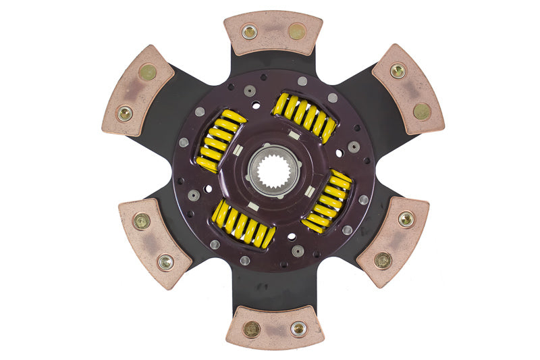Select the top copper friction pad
tap(273, 32)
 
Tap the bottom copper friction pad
tap(274, 328)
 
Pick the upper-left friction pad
tap(138, 90)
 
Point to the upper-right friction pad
tap(408, 89)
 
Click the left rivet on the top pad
tap(250, 32)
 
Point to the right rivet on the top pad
tap(296, 31)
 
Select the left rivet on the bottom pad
tap(252, 329)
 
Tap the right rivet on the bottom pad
tap(298, 328)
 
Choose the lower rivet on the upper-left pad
tap(125, 113)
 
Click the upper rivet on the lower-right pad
tap(405, 218)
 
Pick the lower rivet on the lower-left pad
tap(165, 261)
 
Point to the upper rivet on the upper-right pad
tap(398, 71)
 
